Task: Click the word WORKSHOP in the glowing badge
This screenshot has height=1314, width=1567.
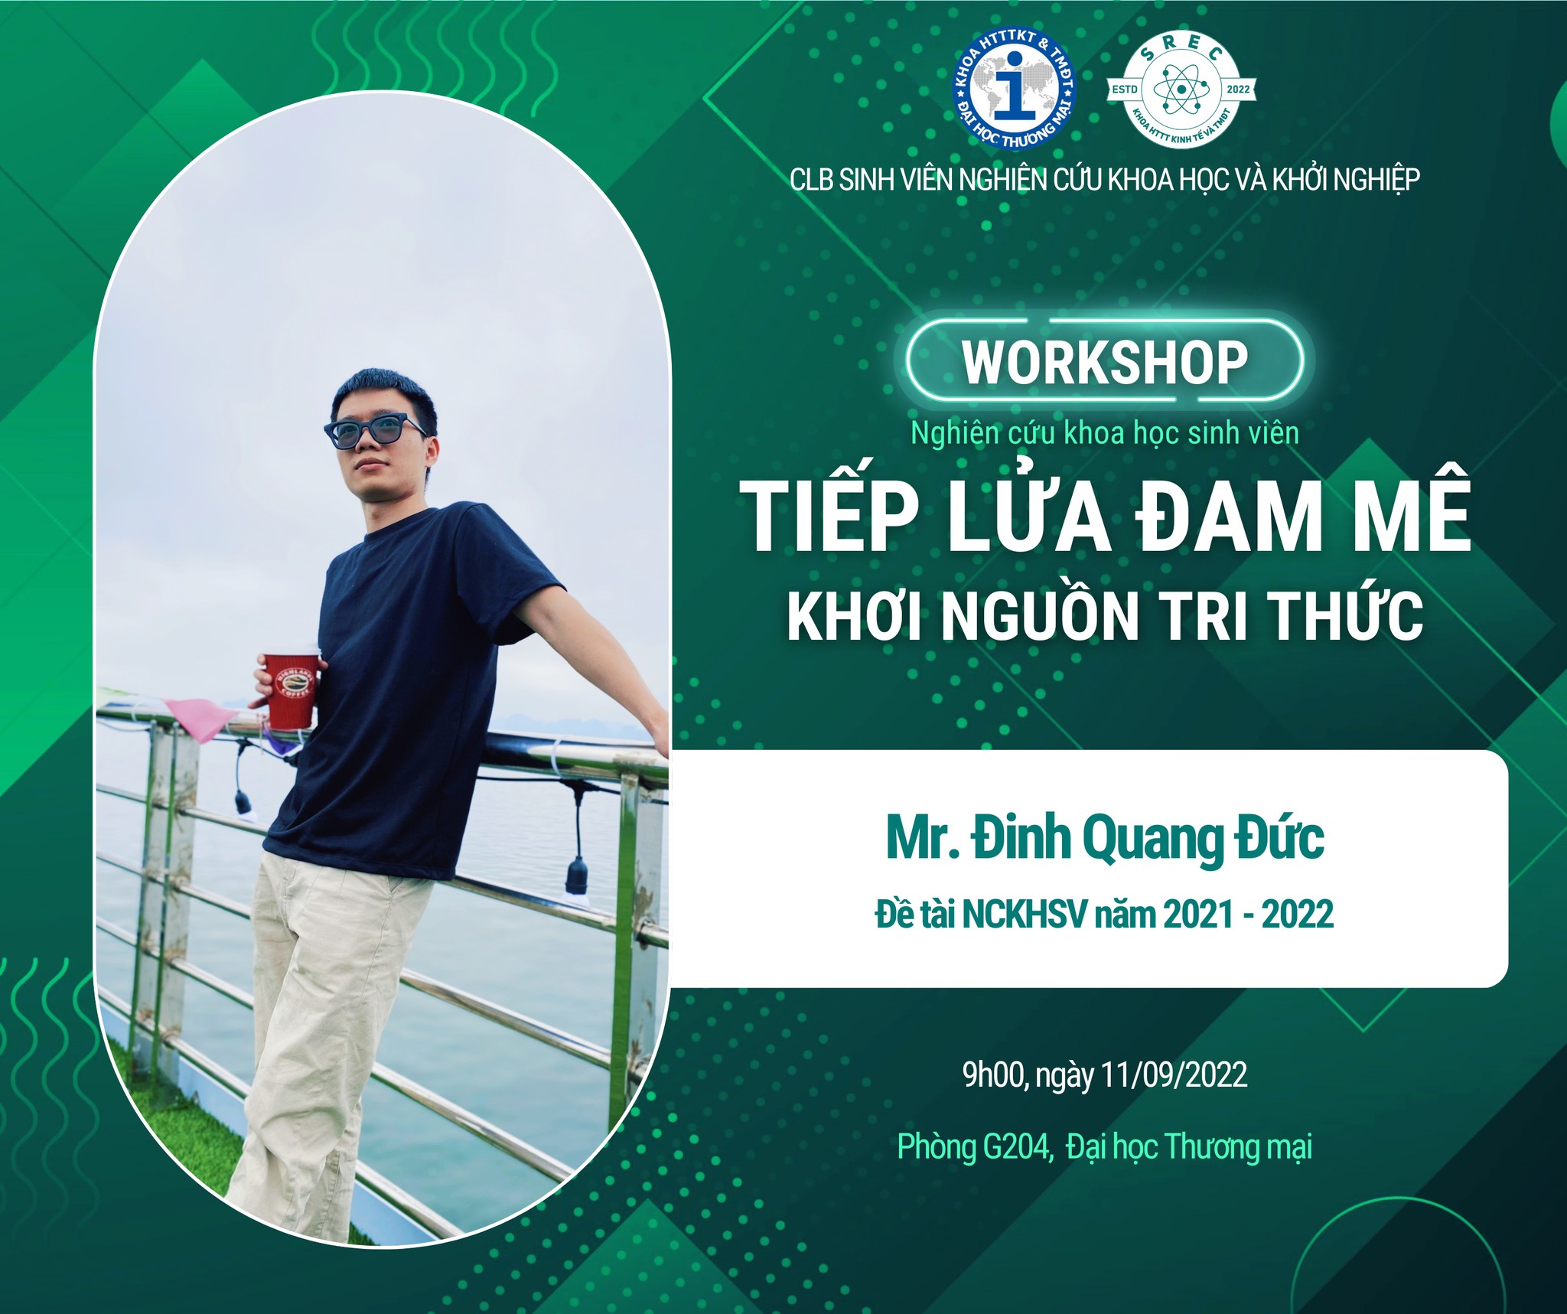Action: coord(1105,363)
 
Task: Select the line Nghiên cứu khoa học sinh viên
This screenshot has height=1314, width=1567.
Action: coord(1105,434)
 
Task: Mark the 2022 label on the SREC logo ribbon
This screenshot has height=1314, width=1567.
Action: coord(1237,90)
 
